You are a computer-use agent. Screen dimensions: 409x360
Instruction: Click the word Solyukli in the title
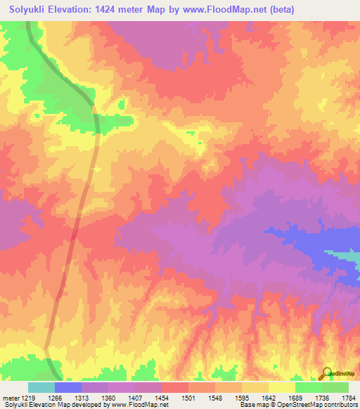click(32, 10)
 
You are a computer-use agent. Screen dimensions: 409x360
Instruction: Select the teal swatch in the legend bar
click(41, 387)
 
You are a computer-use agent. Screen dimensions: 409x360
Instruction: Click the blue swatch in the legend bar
click(68, 387)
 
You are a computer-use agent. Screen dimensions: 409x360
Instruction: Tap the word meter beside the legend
click(9, 398)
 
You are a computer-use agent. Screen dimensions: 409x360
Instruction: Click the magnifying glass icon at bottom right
click(327, 373)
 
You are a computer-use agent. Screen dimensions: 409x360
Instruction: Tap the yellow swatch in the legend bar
click(281, 387)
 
